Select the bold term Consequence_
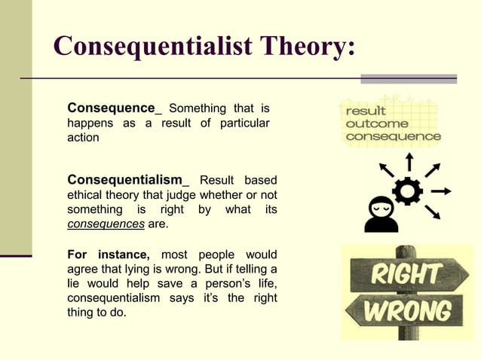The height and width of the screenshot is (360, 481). (x=114, y=108)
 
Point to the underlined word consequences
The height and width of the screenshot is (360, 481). (x=106, y=224)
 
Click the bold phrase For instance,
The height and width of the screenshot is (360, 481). (x=109, y=255)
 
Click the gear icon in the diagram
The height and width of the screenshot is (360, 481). (x=408, y=191)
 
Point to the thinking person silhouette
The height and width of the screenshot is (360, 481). (x=381, y=214)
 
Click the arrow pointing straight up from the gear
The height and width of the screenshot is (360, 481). (x=409, y=161)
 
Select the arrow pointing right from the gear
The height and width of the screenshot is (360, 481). (x=442, y=191)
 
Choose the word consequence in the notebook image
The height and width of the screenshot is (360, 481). (x=392, y=136)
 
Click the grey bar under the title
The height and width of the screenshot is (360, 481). (x=408, y=78)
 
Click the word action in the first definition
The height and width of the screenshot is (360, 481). (x=84, y=138)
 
